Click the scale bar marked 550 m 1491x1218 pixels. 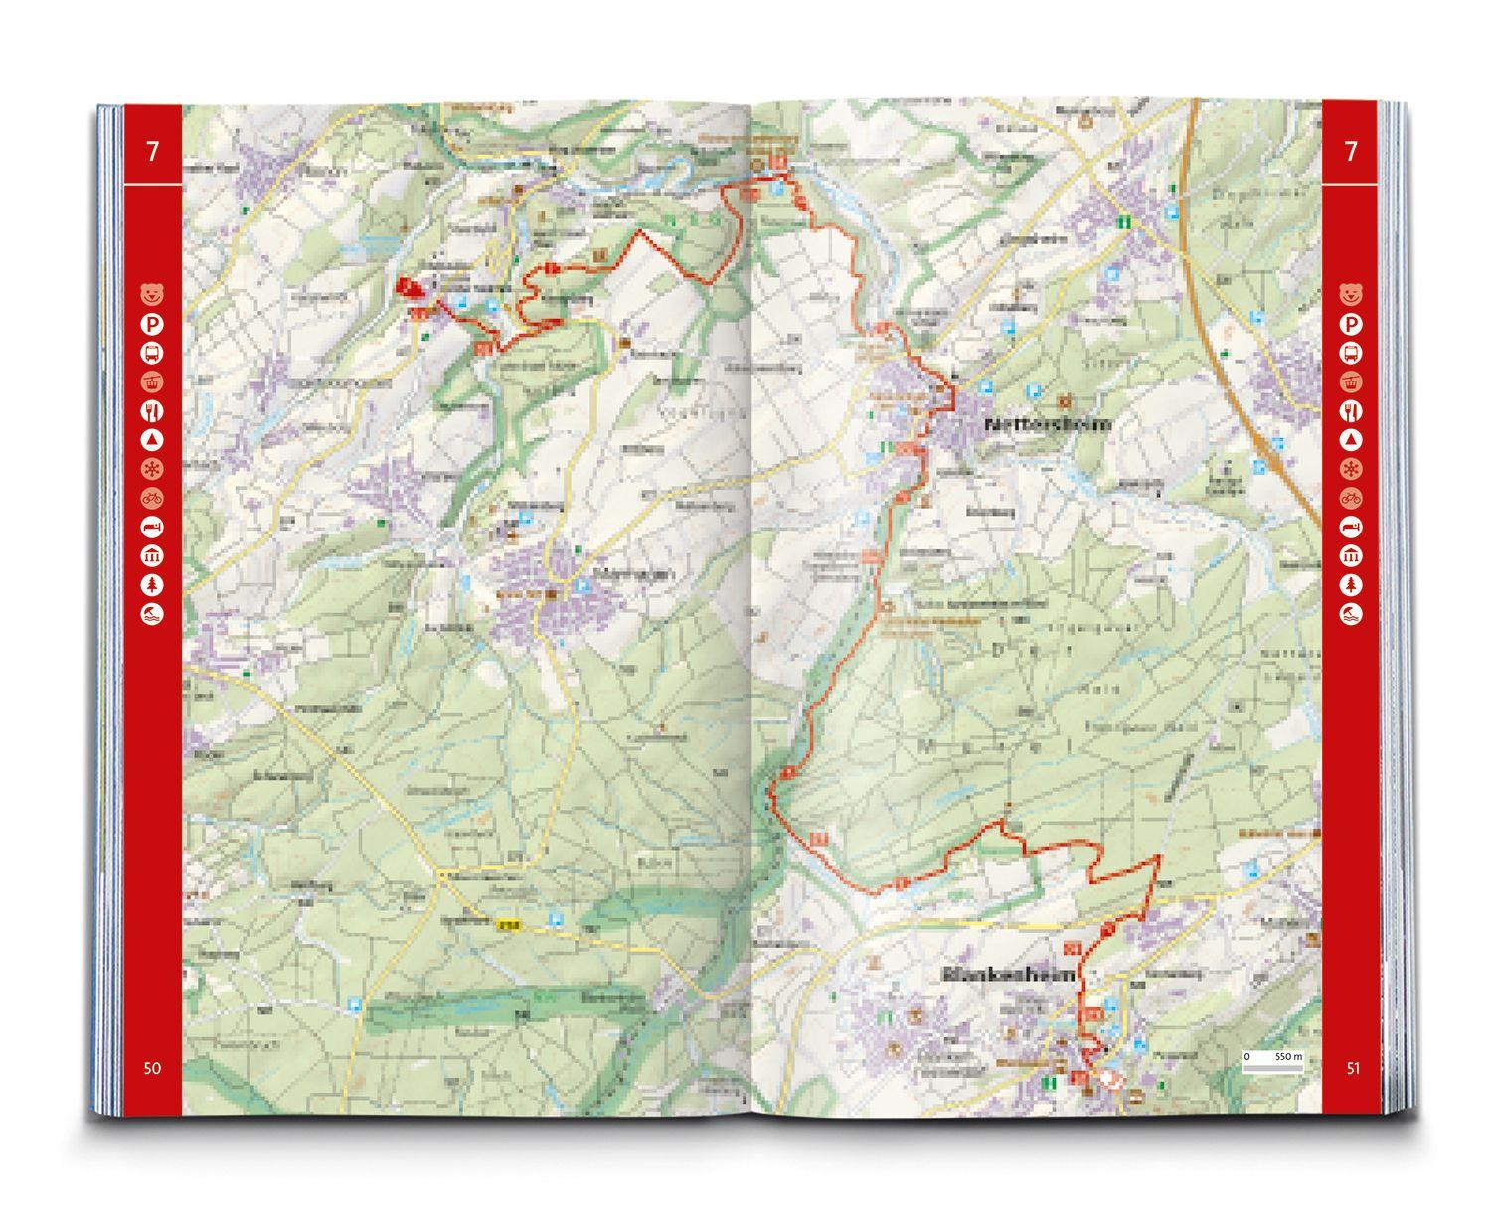[x=1272, y=1058]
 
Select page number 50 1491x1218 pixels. [x=151, y=1068]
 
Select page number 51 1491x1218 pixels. [x=1352, y=1068]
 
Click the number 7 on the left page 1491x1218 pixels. [x=152, y=152]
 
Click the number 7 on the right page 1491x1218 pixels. [x=1350, y=152]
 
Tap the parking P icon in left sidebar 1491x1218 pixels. [x=152, y=324]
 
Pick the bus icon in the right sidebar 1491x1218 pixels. [x=1351, y=353]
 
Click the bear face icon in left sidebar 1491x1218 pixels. [x=152, y=294]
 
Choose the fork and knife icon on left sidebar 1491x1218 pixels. [x=152, y=410]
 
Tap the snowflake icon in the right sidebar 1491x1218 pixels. [x=1351, y=469]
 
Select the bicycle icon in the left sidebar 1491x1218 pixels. [x=152, y=498]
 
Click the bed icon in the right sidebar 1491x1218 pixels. [x=1351, y=527]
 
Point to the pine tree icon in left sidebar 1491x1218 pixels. [x=152, y=585]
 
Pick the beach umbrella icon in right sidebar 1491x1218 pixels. [x=1351, y=614]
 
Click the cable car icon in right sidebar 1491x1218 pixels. [x=1351, y=381]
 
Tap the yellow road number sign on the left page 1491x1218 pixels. [x=509, y=925]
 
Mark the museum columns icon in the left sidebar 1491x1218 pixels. [x=152, y=555]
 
